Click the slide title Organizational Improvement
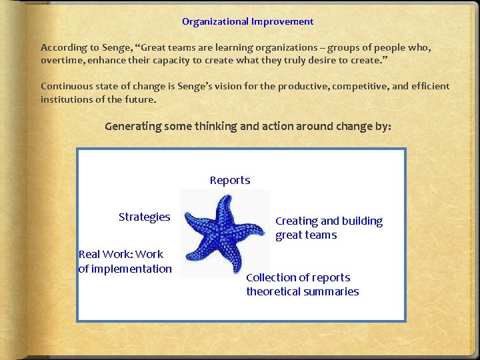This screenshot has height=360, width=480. (x=247, y=21)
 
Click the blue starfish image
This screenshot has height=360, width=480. (x=225, y=233)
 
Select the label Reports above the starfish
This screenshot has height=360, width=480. (x=230, y=180)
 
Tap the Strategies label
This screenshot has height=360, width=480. (x=144, y=217)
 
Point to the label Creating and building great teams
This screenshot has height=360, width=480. (x=329, y=227)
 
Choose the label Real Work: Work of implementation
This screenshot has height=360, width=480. (x=125, y=261)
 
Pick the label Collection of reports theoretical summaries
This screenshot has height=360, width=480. (x=302, y=285)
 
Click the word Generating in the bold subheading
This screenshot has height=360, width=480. (x=133, y=127)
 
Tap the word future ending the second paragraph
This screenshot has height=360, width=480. (x=141, y=99)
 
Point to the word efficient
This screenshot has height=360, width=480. (x=428, y=86)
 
